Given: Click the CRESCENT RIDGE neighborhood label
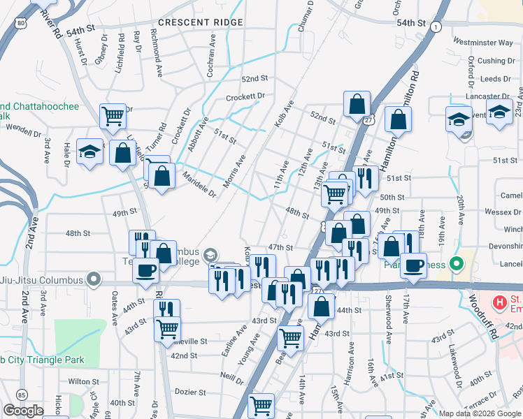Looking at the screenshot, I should [200, 22].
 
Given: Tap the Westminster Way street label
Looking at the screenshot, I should [483, 43].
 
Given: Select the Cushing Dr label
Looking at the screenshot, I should [496, 61].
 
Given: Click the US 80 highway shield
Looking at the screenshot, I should [22, 24].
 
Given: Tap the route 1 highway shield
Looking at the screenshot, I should [436, 27].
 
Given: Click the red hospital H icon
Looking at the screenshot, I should [500, 302].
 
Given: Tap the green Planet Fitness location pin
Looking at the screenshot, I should [457, 264].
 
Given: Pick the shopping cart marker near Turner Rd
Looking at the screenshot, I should [113, 116].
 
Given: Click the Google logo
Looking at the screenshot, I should [23, 411].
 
